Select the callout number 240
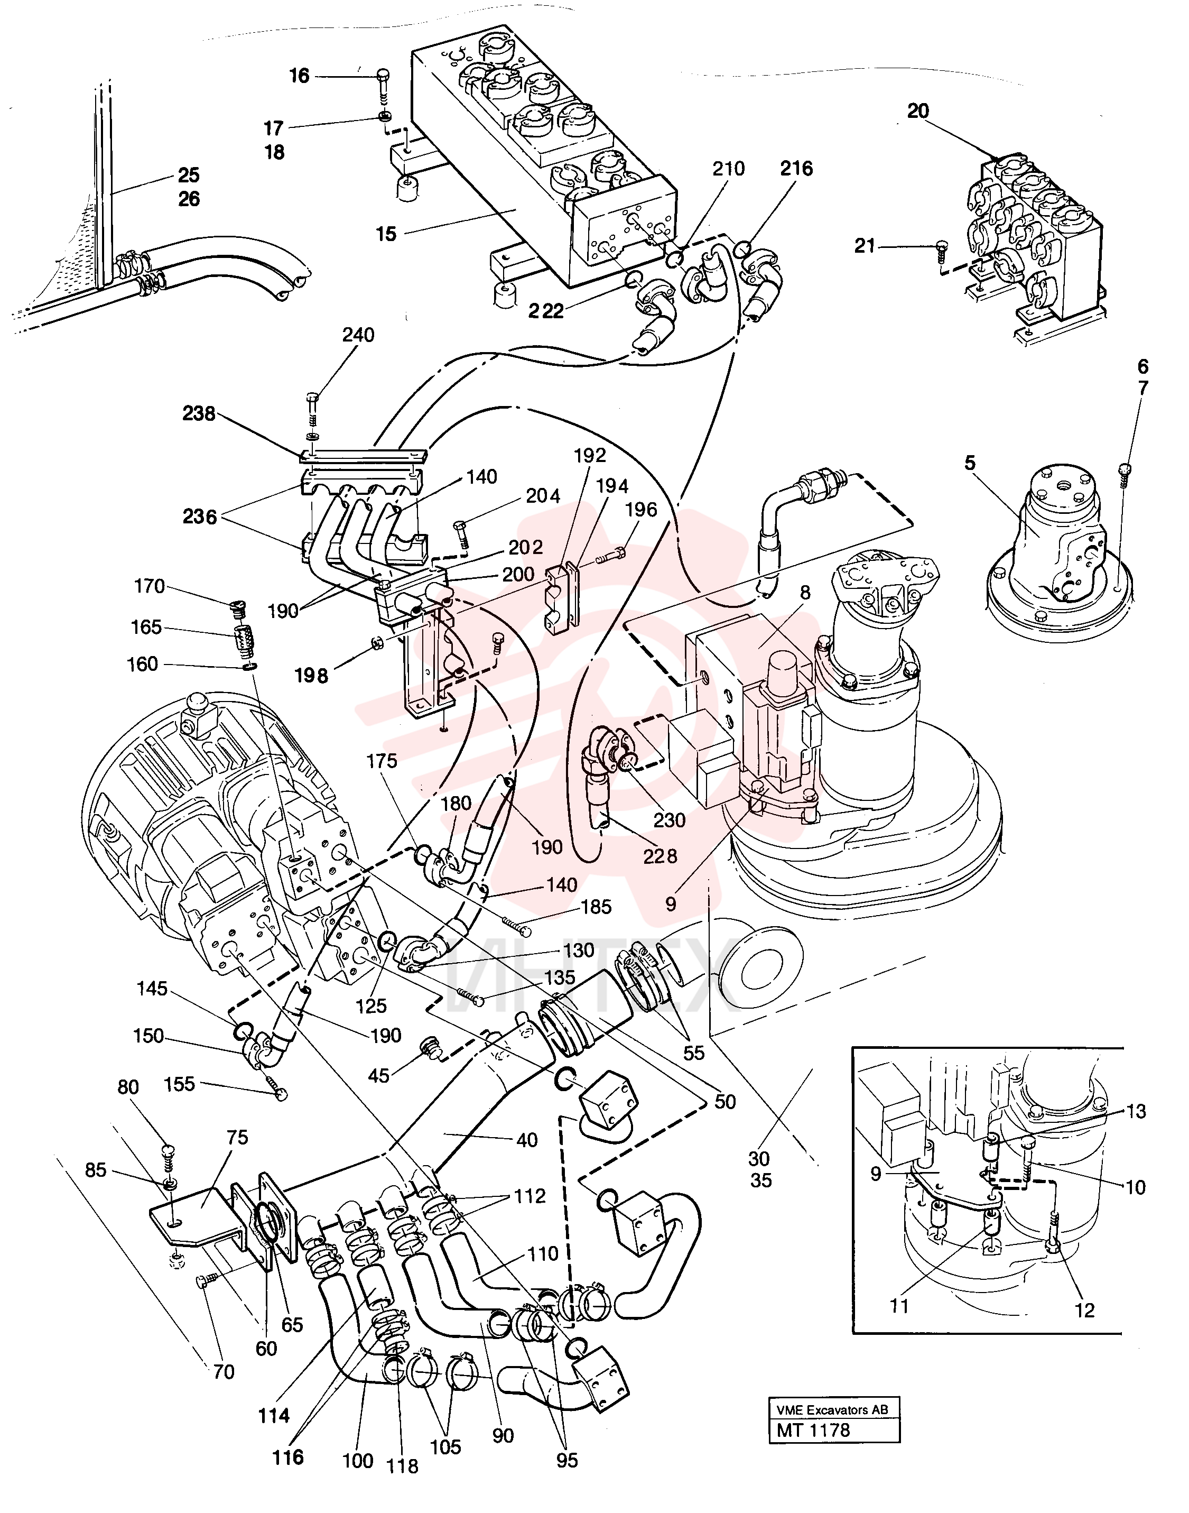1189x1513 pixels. (x=358, y=335)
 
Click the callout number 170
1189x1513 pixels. (x=150, y=586)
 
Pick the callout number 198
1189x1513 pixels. (x=311, y=676)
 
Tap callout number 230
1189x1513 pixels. (x=669, y=820)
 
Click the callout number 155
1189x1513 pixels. (x=180, y=1084)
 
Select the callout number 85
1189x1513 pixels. (x=96, y=1170)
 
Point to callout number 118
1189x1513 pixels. (x=402, y=1466)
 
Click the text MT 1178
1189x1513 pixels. (x=813, y=1430)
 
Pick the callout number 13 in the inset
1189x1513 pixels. (x=1136, y=1111)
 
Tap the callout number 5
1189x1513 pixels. (x=970, y=463)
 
